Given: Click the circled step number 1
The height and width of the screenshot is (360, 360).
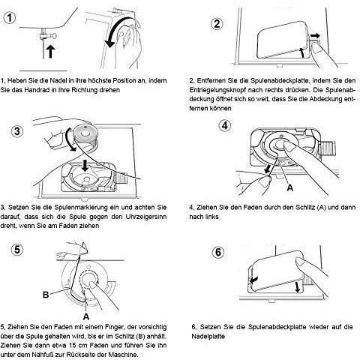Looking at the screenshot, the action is point(10,18).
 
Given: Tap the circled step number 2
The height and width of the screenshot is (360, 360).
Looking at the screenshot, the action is point(217,23).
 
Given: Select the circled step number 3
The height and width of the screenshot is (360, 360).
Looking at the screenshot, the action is point(17,131).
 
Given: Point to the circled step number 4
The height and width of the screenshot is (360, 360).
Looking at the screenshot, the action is point(225,125).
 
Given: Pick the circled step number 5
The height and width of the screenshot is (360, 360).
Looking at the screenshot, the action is point(17,250).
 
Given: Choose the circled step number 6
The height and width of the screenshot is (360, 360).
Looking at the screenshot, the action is point(218,252).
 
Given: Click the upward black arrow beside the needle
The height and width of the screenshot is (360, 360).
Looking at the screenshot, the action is point(51,52).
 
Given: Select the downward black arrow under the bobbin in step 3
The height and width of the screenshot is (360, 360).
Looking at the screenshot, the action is point(85,165).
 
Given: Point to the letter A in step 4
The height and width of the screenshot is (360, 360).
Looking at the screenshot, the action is point(289,187).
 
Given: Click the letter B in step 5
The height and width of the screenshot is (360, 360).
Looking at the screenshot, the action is point(46,295).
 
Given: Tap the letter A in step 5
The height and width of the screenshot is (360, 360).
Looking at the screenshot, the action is point(86,316).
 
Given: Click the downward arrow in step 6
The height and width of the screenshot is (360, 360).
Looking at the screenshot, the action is point(297,286).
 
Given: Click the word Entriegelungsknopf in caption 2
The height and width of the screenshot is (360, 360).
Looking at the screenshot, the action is point(217,90).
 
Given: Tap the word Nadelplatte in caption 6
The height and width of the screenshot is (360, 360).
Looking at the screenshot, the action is point(208,336).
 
